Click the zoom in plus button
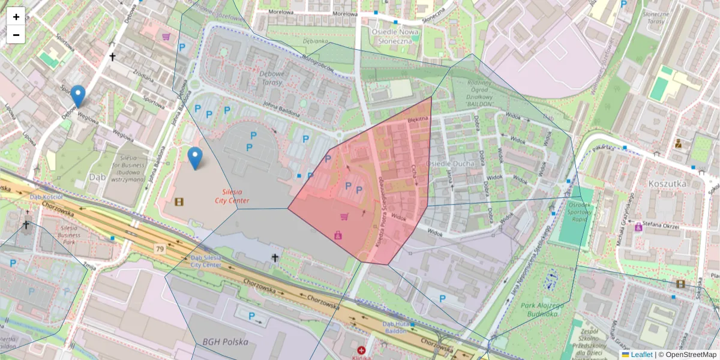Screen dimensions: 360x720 16,17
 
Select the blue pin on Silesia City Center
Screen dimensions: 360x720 194,158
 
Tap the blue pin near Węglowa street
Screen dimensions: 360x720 77,96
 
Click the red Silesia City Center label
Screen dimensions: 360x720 232,196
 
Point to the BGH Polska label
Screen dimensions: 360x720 225,341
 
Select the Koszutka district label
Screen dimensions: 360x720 667,184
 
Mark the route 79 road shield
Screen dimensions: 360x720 159,248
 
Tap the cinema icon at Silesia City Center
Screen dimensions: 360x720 178,201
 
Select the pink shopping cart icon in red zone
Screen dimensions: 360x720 344,217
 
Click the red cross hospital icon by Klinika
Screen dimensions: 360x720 361,350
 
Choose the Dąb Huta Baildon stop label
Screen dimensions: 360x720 395,327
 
